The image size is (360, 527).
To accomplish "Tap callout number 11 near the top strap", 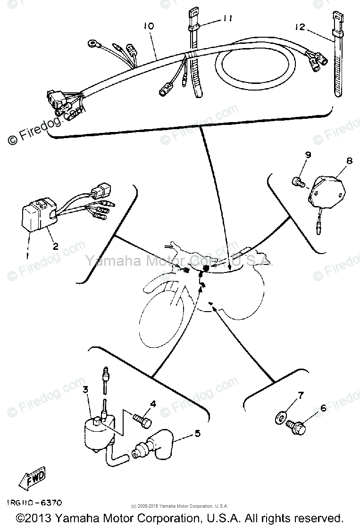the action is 228,19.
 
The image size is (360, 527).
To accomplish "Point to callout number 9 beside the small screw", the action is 308,155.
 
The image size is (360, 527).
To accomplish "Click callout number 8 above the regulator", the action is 349,161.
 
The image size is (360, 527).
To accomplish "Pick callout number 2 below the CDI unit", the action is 55,246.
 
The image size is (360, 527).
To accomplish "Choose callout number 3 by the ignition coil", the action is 85,389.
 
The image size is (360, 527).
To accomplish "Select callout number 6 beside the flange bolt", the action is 323,408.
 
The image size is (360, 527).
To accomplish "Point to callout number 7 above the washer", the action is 301,395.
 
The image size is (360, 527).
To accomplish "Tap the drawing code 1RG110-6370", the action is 34,503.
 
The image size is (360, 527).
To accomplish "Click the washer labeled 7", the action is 280,417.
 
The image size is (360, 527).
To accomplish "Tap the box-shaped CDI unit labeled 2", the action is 36,215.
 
